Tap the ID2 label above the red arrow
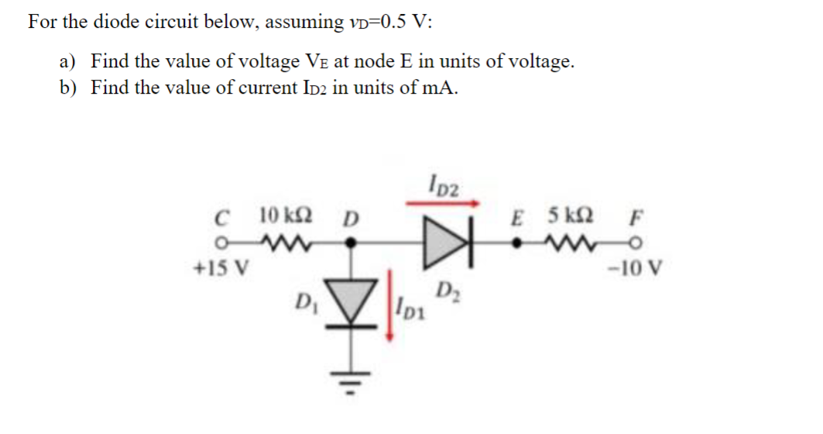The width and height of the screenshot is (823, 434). pyautogui.click(x=444, y=187)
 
